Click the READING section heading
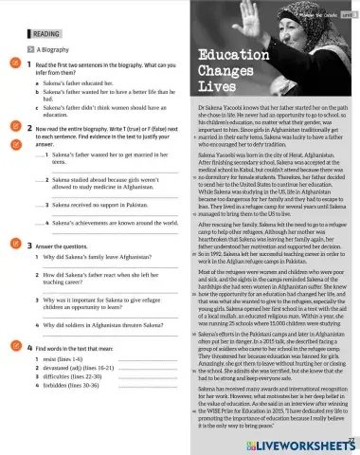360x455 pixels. pos(45,31)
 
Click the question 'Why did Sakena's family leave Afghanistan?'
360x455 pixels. pos(102,257)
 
